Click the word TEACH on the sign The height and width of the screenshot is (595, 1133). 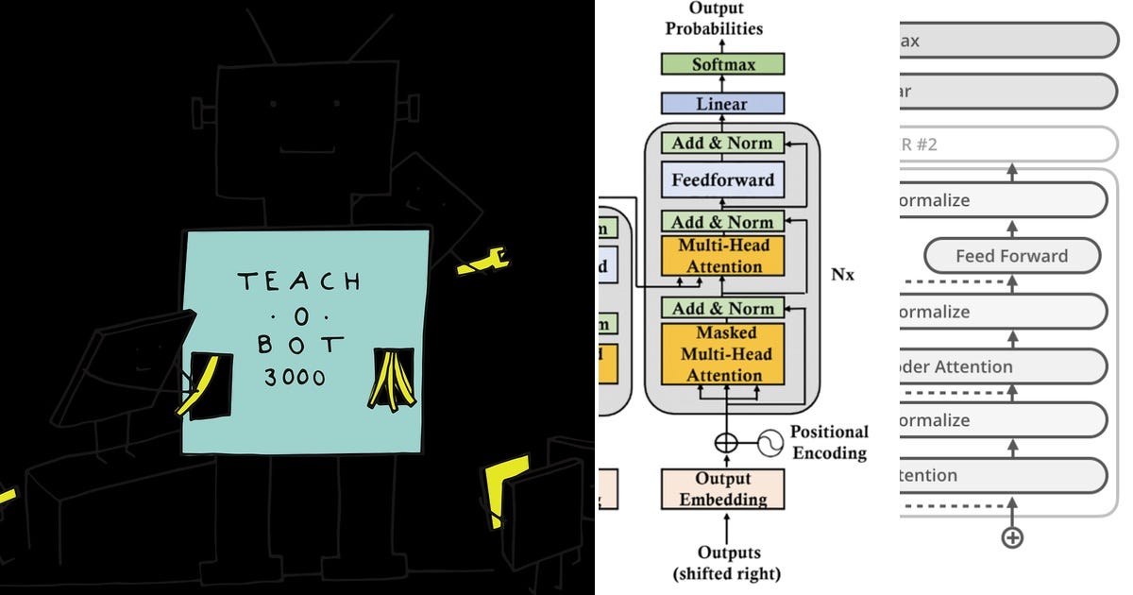pyautogui.click(x=298, y=281)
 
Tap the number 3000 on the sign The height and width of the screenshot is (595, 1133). pyautogui.click(x=295, y=378)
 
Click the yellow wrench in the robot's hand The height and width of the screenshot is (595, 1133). pyautogui.click(x=482, y=261)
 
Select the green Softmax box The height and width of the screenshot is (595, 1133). pyautogui.click(x=722, y=65)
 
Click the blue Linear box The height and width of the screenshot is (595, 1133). pyautogui.click(x=722, y=104)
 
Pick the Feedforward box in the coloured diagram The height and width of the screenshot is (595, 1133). pyautogui.click(x=722, y=179)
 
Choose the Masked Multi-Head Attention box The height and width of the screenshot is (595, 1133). pyautogui.click(x=722, y=354)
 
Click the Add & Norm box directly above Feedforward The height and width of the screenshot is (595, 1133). pyautogui.click(x=722, y=144)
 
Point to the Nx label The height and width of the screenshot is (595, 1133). pyautogui.click(x=843, y=275)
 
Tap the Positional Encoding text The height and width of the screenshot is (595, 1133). pyautogui.click(x=828, y=442)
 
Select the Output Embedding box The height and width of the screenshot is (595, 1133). pyautogui.click(x=722, y=489)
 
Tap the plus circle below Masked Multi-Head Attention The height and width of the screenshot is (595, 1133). pyautogui.click(x=725, y=441)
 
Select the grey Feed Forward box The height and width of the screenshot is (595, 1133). pyautogui.click(x=1011, y=256)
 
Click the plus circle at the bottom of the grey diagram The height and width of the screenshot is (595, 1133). pyautogui.click(x=1012, y=537)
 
